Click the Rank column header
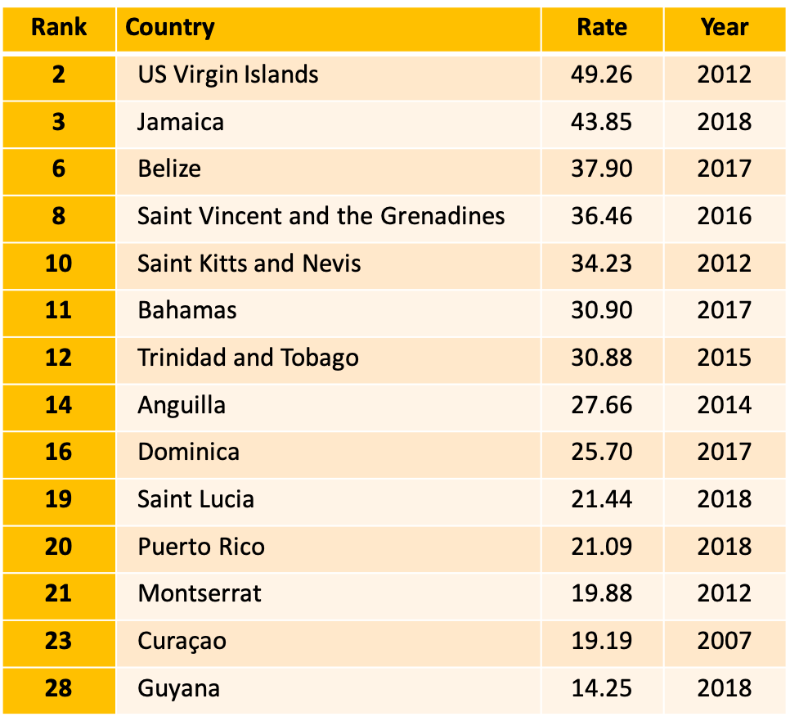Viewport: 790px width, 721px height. [x=58, y=27]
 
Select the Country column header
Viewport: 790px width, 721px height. [x=170, y=27]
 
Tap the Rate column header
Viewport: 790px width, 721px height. [x=602, y=27]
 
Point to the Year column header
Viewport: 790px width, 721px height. [x=724, y=27]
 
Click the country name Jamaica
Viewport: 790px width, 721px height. [x=181, y=122]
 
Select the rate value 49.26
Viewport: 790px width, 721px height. [x=602, y=74]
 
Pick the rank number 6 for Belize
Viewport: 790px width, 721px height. [x=58, y=169]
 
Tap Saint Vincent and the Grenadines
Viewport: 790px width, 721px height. [x=321, y=216]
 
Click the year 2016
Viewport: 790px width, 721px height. [x=724, y=216]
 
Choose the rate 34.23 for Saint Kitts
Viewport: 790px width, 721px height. [x=602, y=264]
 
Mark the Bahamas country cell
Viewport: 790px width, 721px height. [x=187, y=310]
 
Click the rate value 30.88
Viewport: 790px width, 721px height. [x=602, y=358]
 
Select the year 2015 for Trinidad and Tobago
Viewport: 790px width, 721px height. [x=724, y=358]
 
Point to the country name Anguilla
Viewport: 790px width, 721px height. [x=182, y=405]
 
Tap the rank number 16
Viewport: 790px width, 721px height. [x=58, y=452]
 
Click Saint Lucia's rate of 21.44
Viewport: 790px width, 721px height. [x=602, y=499]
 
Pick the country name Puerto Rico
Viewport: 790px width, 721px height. [x=201, y=547]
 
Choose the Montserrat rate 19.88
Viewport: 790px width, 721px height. [x=602, y=593]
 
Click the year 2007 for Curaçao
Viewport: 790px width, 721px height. [x=724, y=641]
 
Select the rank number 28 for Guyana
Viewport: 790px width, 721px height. [x=58, y=688]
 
